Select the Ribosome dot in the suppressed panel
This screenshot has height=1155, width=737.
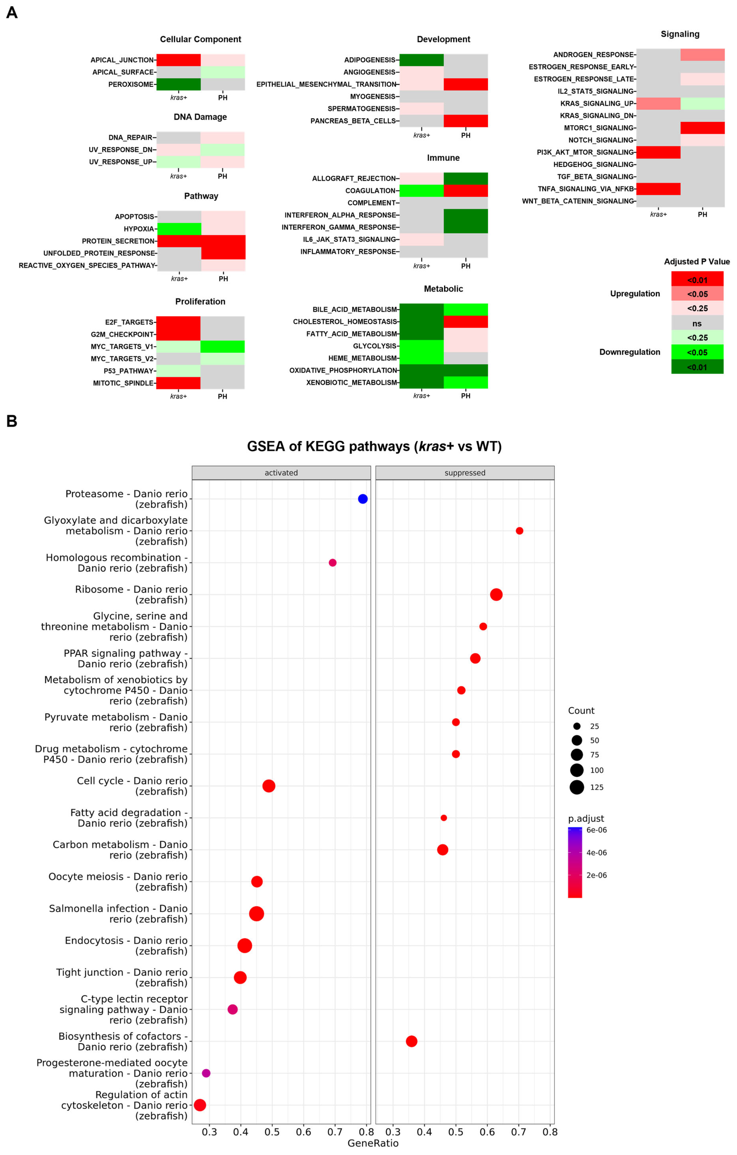pos(496,595)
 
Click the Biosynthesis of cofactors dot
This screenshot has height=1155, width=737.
pos(411,1041)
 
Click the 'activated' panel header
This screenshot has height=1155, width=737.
pos(281,473)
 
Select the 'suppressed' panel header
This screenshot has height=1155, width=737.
pos(464,473)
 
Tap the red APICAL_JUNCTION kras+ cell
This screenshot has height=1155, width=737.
pos(178,60)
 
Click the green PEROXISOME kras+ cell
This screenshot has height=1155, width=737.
pos(178,84)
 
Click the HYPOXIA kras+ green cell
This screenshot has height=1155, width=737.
pos(179,229)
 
